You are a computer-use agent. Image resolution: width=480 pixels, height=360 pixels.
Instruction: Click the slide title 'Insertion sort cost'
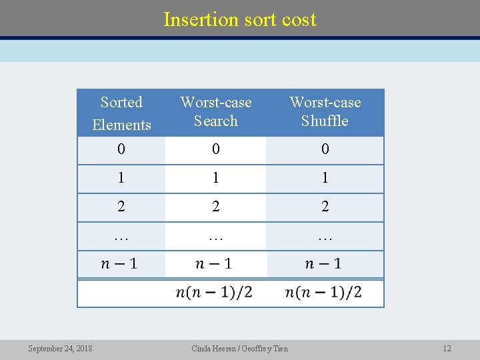(x=240, y=19)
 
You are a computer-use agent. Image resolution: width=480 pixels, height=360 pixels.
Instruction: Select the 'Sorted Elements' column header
(x=121, y=113)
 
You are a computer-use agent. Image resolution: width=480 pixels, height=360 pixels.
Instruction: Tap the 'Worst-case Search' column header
(x=216, y=111)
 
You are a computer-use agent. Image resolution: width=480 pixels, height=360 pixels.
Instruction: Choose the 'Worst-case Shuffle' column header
(x=325, y=111)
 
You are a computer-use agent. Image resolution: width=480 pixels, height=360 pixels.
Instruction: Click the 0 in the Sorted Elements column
(x=121, y=150)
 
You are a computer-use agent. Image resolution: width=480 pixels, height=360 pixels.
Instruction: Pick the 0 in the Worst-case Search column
(x=215, y=150)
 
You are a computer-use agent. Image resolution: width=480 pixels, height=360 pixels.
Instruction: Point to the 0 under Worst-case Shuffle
(x=325, y=150)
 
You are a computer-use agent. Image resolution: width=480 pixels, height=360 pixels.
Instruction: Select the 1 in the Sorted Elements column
(x=121, y=179)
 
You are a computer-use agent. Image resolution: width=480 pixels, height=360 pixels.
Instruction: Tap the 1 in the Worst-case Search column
(x=215, y=179)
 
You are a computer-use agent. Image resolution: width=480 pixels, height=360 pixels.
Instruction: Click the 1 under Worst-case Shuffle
(x=325, y=179)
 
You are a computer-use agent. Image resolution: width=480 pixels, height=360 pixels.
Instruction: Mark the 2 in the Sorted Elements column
(x=121, y=207)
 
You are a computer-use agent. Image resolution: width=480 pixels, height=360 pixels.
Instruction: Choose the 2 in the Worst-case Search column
(x=215, y=207)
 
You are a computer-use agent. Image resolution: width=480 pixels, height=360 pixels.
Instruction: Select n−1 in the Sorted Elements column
(x=119, y=264)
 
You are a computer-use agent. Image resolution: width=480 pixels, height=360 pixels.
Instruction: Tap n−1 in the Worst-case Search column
(x=214, y=264)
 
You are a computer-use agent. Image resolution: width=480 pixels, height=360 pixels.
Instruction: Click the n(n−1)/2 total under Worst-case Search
(x=214, y=292)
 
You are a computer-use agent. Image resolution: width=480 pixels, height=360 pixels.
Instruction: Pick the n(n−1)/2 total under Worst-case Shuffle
(x=323, y=292)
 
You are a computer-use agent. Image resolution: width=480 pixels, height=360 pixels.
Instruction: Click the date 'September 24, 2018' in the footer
(x=60, y=349)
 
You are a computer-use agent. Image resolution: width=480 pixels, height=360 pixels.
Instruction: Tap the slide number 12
(x=447, y=349)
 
